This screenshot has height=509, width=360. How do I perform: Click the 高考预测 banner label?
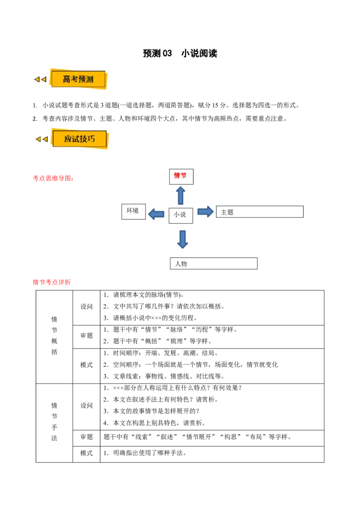pos(78,80)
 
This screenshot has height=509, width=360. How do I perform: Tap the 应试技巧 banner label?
pos(80,139)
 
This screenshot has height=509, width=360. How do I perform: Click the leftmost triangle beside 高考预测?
pos(37,80)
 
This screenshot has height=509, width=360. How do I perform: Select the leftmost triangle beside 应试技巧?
pos(38,139)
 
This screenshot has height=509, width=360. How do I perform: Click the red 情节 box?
pos(181,176)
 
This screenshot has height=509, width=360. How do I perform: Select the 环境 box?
pos(134,211)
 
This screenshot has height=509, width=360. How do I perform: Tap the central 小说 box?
pos(181,215)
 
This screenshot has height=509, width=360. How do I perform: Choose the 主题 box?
pos(260,212)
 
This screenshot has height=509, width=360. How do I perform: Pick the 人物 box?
pos(214,263)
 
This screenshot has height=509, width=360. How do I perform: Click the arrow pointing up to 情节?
pos(180,195)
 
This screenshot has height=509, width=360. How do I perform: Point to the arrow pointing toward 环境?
pos(157,214)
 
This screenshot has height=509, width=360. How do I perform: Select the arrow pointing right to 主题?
pos(205,211)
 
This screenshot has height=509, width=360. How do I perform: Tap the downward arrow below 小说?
pos(182,238)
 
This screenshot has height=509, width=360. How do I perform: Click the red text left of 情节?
pos(53,179)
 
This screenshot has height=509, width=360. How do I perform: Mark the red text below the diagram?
pos(52,282)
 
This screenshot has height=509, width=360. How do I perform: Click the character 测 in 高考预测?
pos(90,80)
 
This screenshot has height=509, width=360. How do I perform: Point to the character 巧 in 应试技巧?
pos(91,139)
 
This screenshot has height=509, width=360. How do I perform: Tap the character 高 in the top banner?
pos(67,80)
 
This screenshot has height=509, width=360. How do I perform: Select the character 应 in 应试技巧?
pos(68,139)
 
